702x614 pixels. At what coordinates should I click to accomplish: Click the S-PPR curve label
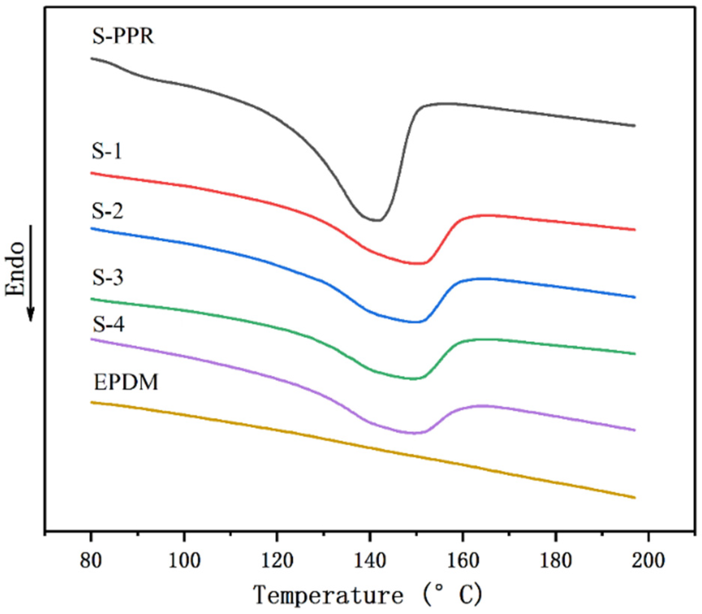pyautogui.click(x=123, y=37)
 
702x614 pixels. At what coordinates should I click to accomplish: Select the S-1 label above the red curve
pyautogui.click(x=107, y=152)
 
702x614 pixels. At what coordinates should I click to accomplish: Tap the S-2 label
pyautogui.click(x=108, y=211)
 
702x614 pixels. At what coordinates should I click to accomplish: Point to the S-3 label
pyautogui.click(x=108, y=278)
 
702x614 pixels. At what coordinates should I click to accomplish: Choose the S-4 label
pyautogui.click(x=108, y=324)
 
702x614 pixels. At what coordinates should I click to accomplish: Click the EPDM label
pyautogui.click(x=126, y=383)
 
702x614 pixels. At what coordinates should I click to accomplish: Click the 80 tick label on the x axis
pyautogui.click(x=91, y=561)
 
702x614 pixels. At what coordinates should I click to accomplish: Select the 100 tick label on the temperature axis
pyautogui.click(x=184, y=561)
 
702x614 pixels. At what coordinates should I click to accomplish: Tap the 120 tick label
pyautogui.click(x=277, y=561)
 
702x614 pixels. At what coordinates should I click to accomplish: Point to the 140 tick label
pyautogui.click(x=370, y=561)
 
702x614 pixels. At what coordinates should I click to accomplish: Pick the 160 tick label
pyautogui.click(x=462, y=561)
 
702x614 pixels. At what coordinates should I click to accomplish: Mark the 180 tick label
pyautogui.click(x=555, y=561)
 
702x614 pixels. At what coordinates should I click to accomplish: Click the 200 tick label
pyautogui.click(x=648, y=561)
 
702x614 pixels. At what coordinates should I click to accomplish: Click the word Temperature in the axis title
pyautogui.click(x=328, y=595)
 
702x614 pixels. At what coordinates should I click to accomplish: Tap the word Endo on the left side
pyautogui.click(x=16, y=269)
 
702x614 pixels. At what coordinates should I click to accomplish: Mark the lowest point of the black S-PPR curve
pyautogui.click(x=375, y=220)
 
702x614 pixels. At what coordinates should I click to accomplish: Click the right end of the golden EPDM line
pyautogui.click(x=634, y=498)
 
